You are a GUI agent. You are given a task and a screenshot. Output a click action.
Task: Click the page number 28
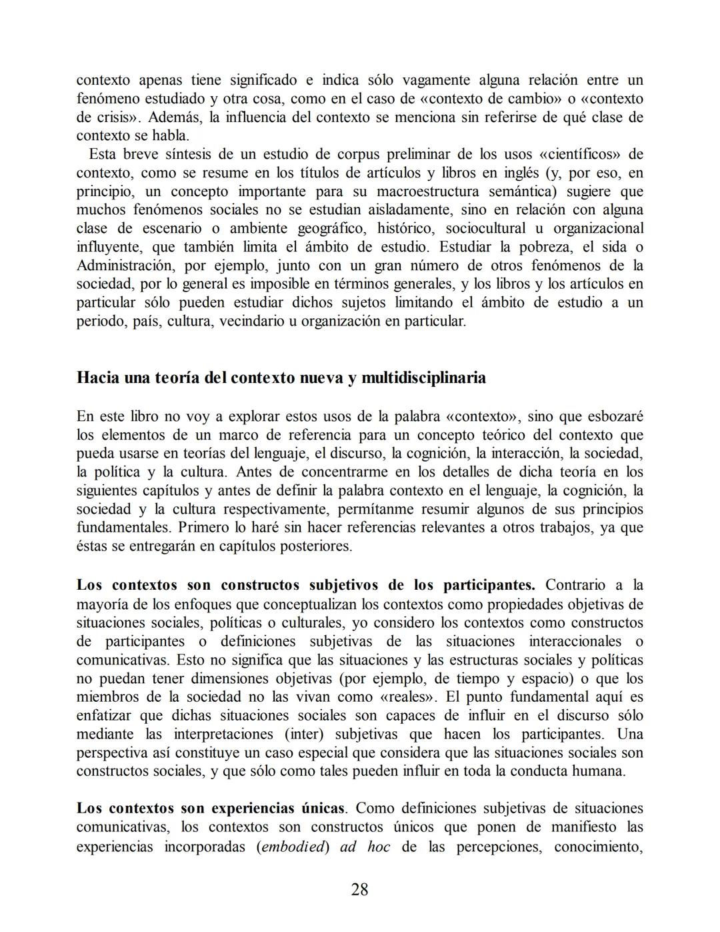point(359,889)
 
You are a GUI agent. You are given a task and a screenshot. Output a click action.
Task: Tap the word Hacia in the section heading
point(97,378)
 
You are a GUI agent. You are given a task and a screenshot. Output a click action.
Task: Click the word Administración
point(125,266)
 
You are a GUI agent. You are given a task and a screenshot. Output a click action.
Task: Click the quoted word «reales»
point(405,697)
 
